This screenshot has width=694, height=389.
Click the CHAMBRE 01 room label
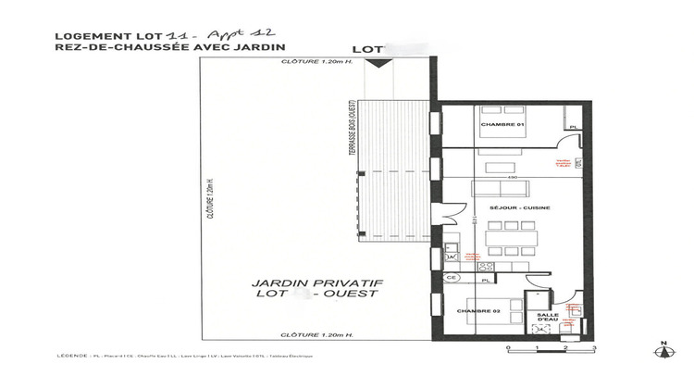502,124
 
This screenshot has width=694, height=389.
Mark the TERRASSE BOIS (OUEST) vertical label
353,139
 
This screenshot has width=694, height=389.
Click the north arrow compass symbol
661,352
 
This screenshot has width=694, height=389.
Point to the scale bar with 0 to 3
551,347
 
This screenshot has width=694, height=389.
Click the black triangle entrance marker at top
377,63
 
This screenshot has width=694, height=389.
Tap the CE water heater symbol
452,277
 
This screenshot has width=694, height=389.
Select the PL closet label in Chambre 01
573,127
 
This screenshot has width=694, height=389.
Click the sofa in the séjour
501,188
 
